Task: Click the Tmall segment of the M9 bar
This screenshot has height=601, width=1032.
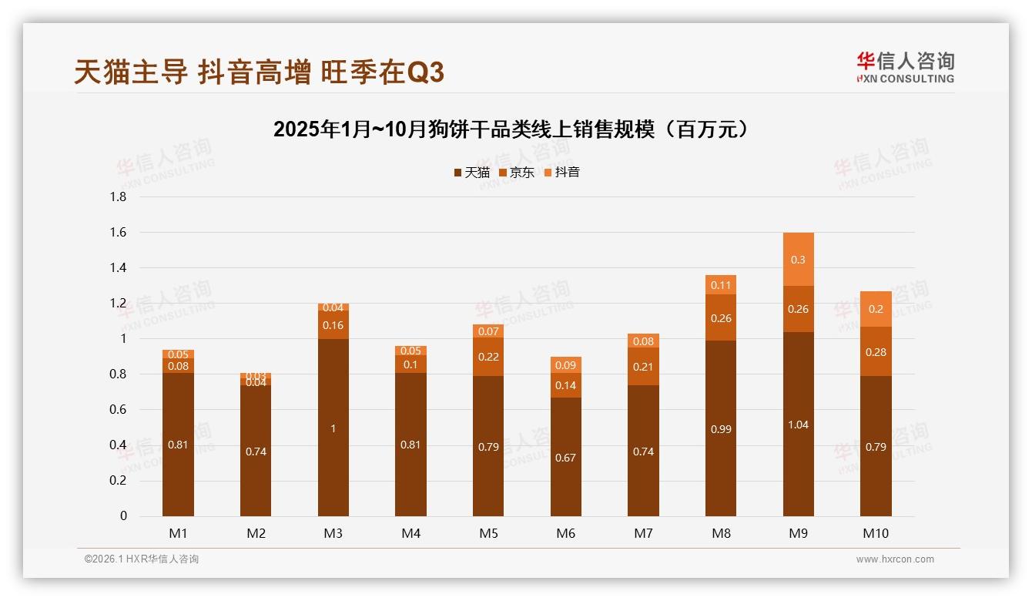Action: (x=798, y=424)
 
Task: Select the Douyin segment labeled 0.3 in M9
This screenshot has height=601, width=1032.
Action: (x=798, y=260)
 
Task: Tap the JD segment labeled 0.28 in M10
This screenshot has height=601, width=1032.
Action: (x=876, y=351)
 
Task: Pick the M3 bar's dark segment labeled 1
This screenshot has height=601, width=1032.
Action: (x=333, y=428)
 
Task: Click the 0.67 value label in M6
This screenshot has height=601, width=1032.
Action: (x=565, y=458)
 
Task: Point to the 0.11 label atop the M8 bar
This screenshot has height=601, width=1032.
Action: (x=720, y=285)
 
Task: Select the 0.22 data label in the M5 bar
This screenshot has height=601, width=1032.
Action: (x=488, y=357)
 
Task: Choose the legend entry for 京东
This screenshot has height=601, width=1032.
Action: (x=517, y=173)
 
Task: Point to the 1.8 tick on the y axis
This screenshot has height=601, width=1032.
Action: (x=119, y=197)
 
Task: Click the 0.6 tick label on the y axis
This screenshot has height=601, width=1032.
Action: (x=119, y=410)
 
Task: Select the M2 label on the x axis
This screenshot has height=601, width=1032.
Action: (x=256, y=533)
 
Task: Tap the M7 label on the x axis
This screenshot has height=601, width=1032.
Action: (x=643, y=533)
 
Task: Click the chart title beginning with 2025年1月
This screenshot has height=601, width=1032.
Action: (x=511, y=129)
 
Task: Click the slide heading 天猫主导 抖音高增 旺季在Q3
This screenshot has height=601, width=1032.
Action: (x=259, y=72)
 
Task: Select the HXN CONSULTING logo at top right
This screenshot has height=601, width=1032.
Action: (x=905, y=67)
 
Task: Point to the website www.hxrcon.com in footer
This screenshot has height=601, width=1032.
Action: (x=895, y=559)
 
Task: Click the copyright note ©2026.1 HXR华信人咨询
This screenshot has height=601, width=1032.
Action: (x=142, y=559)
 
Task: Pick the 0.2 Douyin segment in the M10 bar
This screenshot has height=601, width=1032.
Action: (x=876, y=309)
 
